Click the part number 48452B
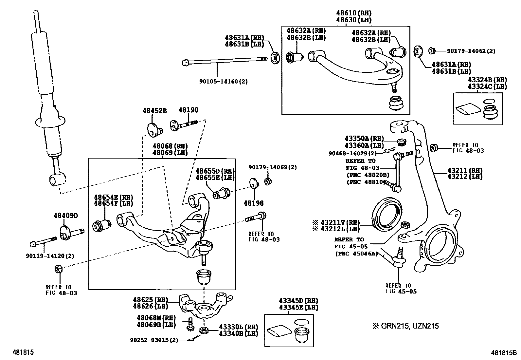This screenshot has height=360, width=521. point(154,111)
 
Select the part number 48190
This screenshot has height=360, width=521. point(188,110)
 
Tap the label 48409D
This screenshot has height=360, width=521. point(66,216)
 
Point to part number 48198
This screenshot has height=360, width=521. point(253,203)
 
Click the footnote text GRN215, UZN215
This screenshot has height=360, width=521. point(409,326)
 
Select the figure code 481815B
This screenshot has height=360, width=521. point(503,353)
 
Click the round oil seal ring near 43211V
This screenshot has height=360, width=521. point(387,214)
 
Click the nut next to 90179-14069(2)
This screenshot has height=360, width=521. point(268,181)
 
